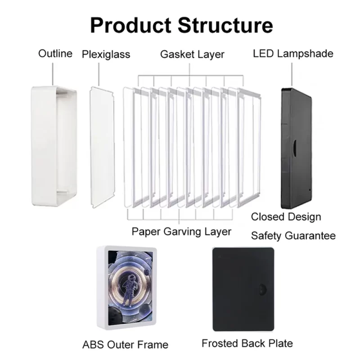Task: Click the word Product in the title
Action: pos(131,25)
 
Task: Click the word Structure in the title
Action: pos(225,25)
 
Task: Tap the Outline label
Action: pos(55,54)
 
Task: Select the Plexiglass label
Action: pos(106,54)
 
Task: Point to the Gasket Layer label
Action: pos(193,54)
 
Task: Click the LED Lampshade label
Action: pos(293,54)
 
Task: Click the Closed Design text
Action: pos(286,217)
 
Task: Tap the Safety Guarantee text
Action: pos(293,236)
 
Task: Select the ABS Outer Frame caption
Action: pos(126,345)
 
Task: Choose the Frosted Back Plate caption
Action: pos(247,343)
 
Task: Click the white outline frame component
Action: pos(54,146)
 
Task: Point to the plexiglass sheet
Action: pos(102,147)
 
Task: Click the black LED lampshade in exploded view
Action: pos(297,148)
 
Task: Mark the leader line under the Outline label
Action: pos(53,74)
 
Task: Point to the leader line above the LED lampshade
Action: pos(292,74)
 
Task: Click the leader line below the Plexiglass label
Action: pos(99,74)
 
